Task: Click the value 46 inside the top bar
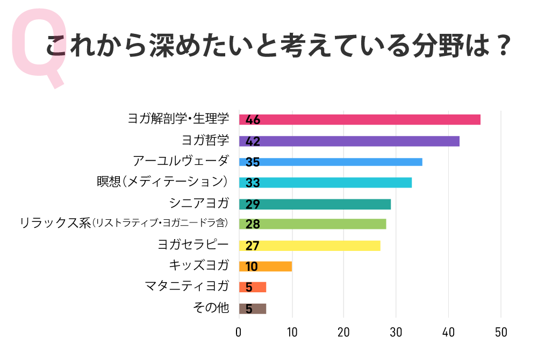(x=253, y=120)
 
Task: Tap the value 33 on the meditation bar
(x=253, y=183)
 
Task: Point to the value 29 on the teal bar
(x=253, y=204)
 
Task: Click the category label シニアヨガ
(x=199, y=203)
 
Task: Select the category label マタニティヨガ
(x=187, y=286)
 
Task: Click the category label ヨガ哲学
(x=205, y=140)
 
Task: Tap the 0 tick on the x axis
(x=239, y=333)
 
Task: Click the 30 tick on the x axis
(x=396, y=333)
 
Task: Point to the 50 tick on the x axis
(x=501, y=333)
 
